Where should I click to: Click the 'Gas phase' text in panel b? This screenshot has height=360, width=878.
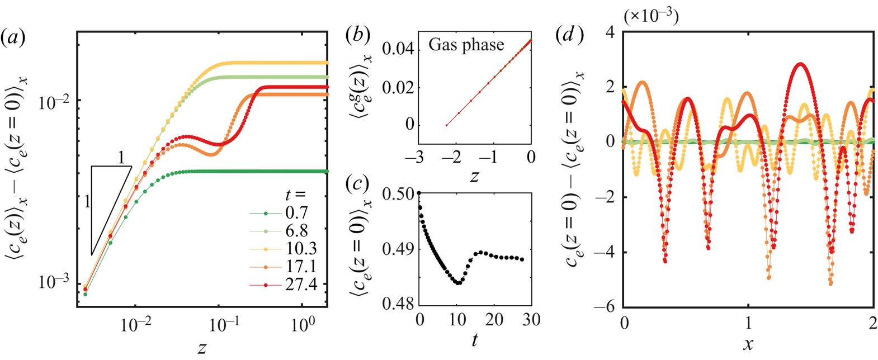click(x=466, y=45)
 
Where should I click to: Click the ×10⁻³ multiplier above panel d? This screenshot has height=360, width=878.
click(x=651, y=16)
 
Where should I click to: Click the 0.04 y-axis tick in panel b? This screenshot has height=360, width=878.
click(x=398, y=50)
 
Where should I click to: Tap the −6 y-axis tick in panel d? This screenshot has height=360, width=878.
click(x=607, y=306)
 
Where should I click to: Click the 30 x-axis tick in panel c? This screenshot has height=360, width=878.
click(x=531, y=320)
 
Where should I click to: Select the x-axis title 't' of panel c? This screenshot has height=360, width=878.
click(x=474, y=340)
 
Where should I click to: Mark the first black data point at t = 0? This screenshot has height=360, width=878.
click(x=419, y=193)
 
